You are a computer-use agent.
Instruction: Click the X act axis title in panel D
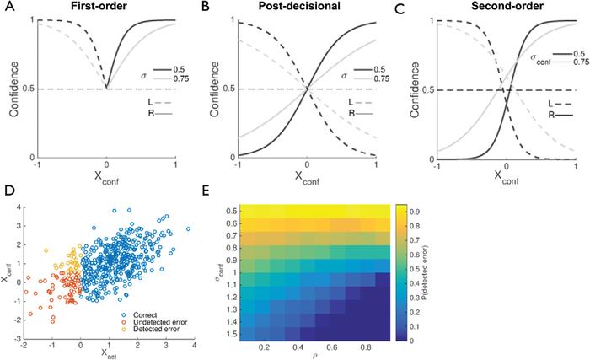(112, 354)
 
